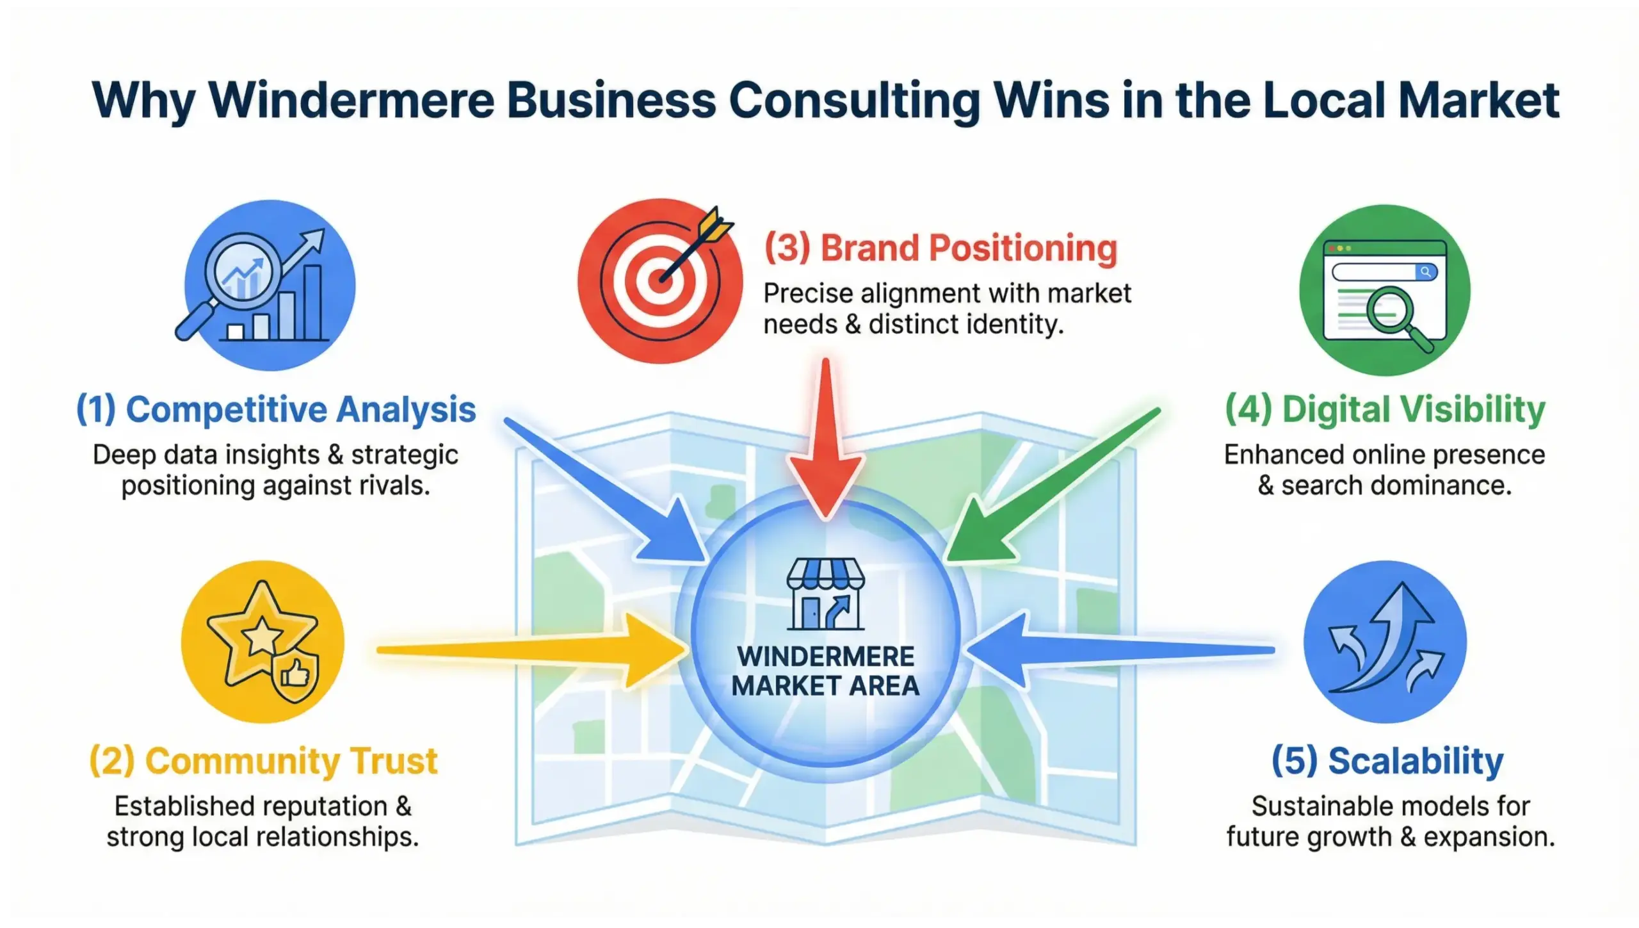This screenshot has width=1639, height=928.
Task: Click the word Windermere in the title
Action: click(351, 101)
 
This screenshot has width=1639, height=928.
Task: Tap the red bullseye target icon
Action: click(659, 281)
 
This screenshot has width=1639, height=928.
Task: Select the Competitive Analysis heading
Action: click(276, 410)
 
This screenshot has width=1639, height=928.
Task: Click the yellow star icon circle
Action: click(262, 641)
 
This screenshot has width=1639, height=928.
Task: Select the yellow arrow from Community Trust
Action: click(531, 649)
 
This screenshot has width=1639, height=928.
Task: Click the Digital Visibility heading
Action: click(1385, 410)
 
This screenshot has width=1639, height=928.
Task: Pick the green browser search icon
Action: click(1384, 290)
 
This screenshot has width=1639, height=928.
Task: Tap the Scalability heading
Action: click(1387, 761)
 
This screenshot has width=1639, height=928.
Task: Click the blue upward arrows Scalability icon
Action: click(1384, 641)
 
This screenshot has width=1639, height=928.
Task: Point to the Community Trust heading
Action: click(263, 761)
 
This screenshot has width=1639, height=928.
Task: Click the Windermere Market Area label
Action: click(825, 671)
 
